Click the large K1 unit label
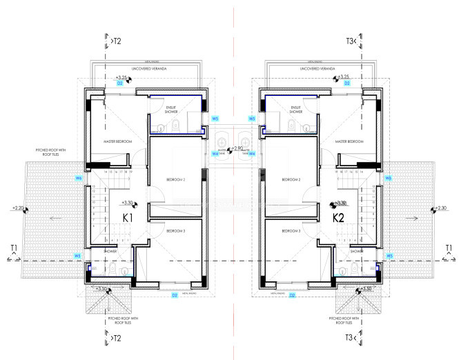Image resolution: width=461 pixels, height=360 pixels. [x=128, y=218]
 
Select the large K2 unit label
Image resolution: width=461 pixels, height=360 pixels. [x=338, y=218]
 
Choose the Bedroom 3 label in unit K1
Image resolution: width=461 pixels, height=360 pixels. [x=175, y=231]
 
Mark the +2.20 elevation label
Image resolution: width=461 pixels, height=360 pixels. [x=19, y=208]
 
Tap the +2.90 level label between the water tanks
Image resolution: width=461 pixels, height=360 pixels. [x=238, y=148]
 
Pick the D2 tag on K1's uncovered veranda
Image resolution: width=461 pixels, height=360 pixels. [x=119, y=83]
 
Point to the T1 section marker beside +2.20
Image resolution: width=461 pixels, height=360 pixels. [x=12, y=248]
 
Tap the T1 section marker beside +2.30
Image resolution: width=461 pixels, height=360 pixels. [x=449, y=248]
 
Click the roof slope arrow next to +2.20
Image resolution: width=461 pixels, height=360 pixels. [x=50, y=218]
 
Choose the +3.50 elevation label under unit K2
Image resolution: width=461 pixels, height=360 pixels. [x=366, y=288]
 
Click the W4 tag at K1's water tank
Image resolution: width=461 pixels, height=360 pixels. [x=215, y=153]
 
